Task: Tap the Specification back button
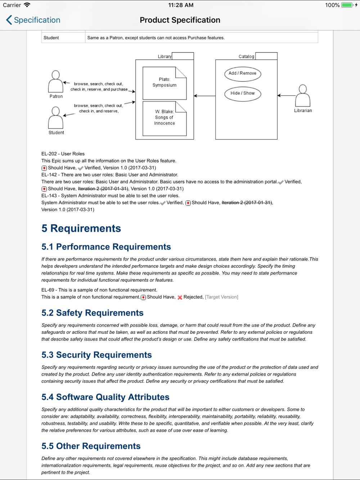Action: click(x=33, y=20)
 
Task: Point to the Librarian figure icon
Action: click(x=303, y=96)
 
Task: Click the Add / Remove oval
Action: click(x=243, y=73)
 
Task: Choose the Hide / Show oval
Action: click(x=243, y=93)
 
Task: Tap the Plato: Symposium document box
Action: click(x=165, y=83)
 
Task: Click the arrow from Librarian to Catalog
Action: click(x=286, y=95)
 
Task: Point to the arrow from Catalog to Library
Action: click(x=204, y=96)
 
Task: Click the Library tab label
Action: click(x=165, y=56)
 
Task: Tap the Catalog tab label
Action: click(x=246, y=56)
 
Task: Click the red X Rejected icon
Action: click(x=180, y=297)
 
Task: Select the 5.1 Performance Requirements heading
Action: click(x=106, y=247)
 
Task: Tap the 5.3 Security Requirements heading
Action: click(x=96, y=355)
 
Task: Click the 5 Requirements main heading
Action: click(x=81, y=228)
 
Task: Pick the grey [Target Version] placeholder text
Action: click(x=221, y=297)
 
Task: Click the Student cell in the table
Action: click(x=51, y=38)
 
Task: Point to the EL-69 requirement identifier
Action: click(x=48, y=290)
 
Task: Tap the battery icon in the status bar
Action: click(x=347, y=5)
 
